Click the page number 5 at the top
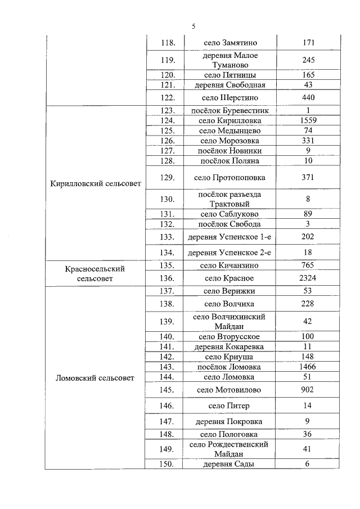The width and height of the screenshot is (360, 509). coord(193,26)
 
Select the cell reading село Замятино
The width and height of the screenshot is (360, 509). coord(229,43)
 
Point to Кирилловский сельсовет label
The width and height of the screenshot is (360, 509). coord(95,183)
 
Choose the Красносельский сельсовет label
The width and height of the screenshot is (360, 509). coord(95,273)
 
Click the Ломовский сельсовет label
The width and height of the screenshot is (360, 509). coord(95,378)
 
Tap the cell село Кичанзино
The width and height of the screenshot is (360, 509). coord(229,265)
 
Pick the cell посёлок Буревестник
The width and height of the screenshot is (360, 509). coord(229,111)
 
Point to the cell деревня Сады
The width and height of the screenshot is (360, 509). coord(229,464)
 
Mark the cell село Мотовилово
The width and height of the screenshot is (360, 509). coord(229,390)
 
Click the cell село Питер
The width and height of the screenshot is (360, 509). coord(229,406)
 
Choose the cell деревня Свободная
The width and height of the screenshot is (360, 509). coord(229,85)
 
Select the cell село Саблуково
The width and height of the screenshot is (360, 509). coord(229,214)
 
